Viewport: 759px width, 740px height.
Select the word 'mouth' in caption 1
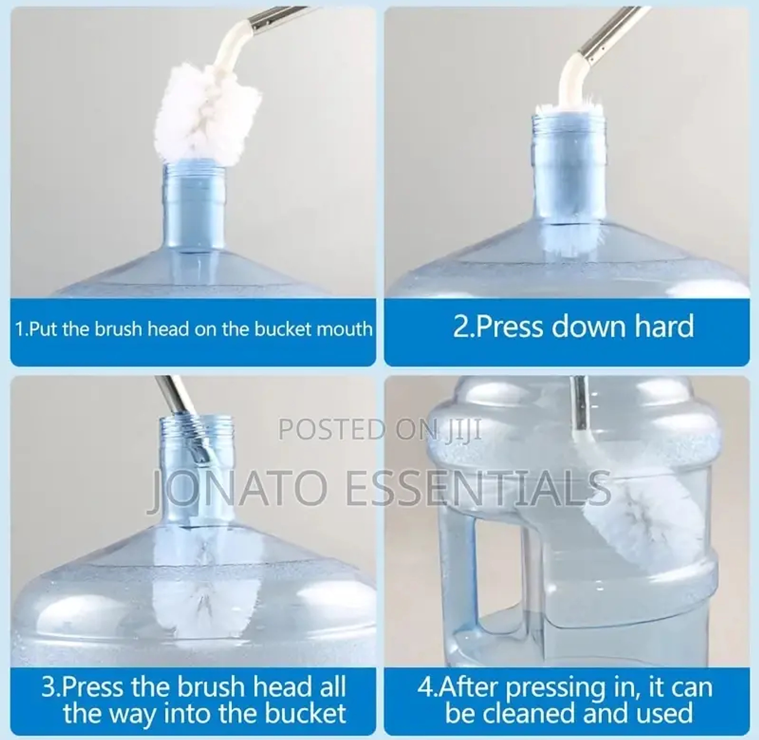345,329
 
